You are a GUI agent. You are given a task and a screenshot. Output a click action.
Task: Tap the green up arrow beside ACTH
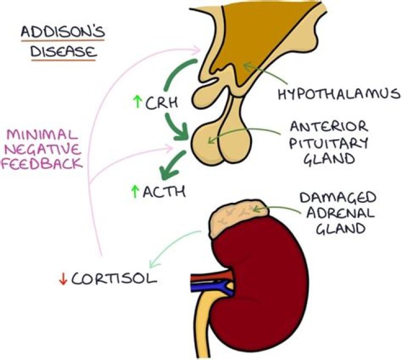(135, 192)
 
